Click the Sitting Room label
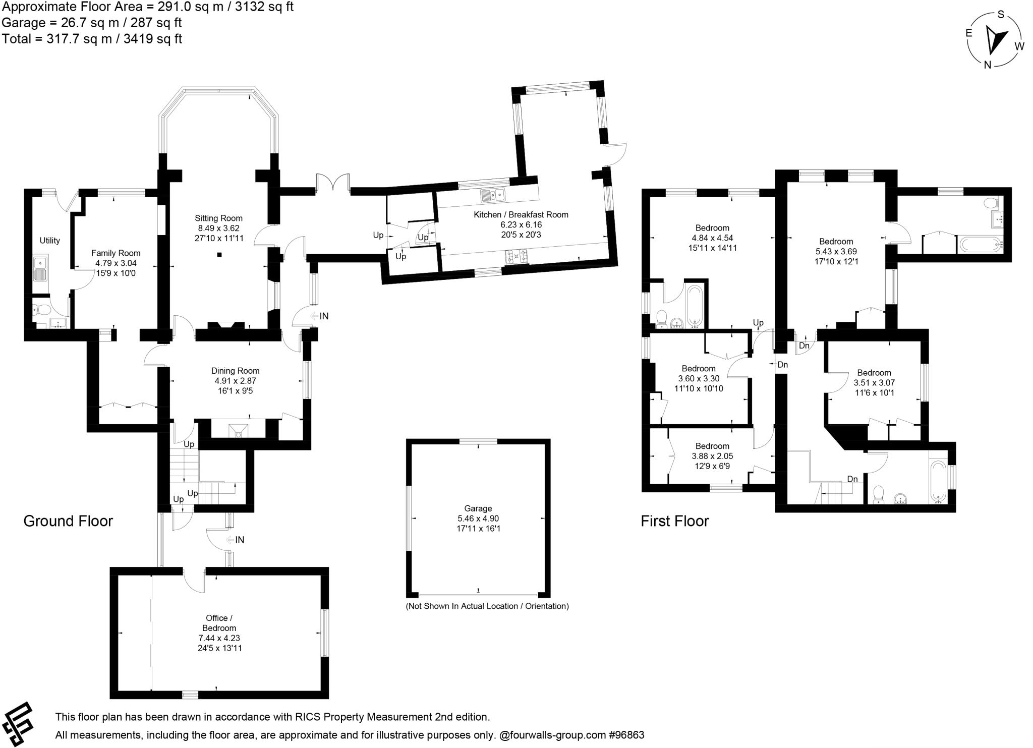[218, 218]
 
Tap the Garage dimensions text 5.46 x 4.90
[478, 519]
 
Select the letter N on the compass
[988, 65]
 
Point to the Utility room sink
[40, 268]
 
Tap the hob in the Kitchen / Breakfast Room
[516, 257]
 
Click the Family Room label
[116, 253]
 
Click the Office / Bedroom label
[219, 623]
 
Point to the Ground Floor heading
[68, 521]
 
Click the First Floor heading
[674, 521]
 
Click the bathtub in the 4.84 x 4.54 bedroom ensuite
[695, 305]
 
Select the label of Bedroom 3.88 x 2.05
[712, 446]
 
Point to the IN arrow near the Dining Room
[320, 316]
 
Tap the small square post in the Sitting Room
[219, 255]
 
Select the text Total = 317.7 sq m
[92, 39]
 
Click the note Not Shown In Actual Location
[487, 606]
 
